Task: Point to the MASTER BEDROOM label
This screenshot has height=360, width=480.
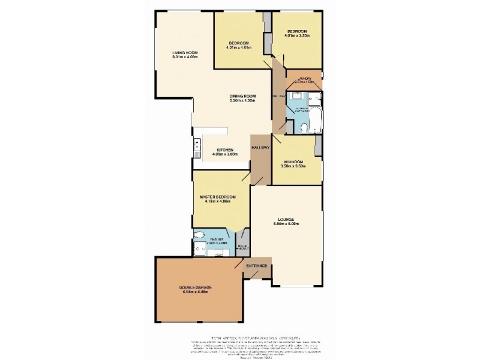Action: click(217, 197)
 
